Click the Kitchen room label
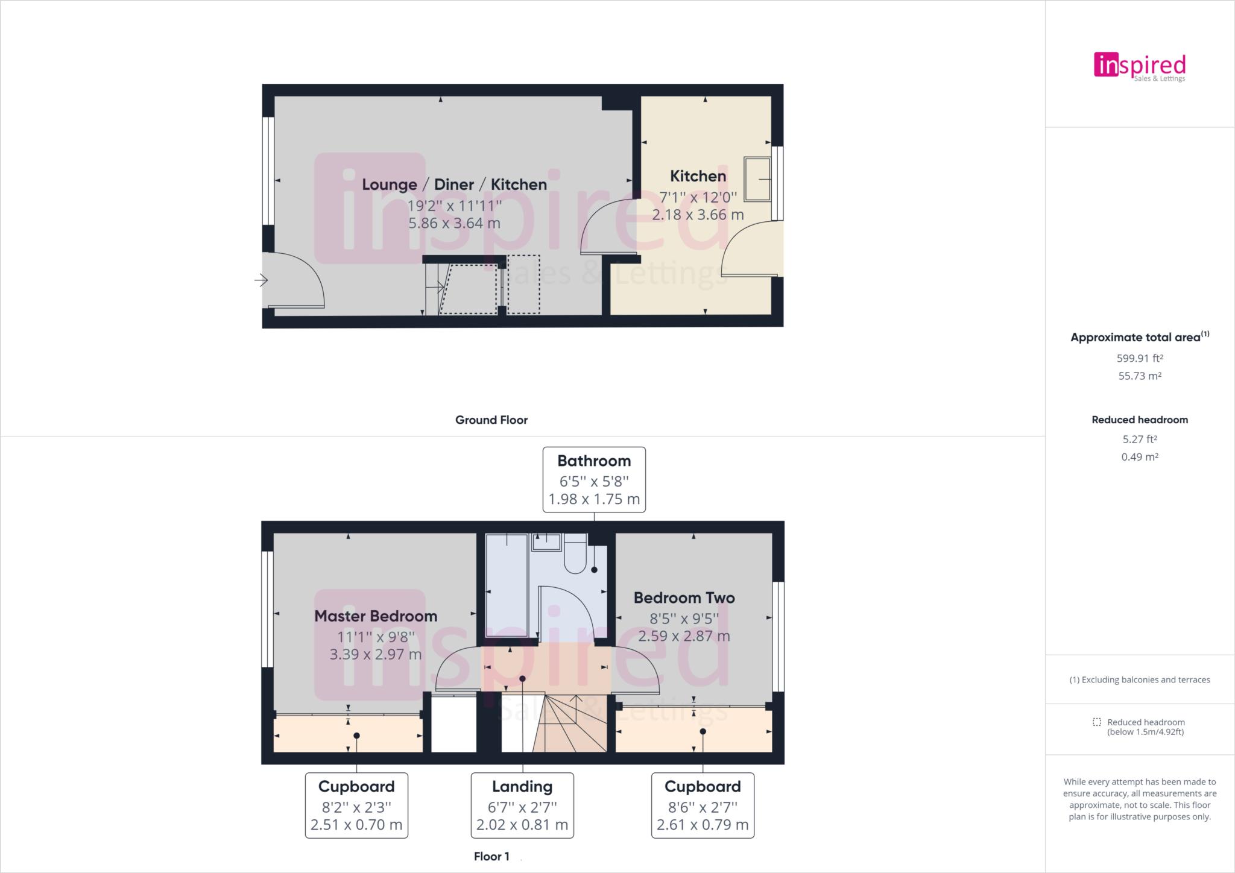coord(698,176)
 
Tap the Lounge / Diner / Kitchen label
coord(454,184)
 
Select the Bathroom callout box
coord(594,480)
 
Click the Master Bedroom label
coord(376,616)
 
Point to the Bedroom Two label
coord(684,598)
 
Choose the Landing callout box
coord(522,805)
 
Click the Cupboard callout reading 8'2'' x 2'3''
coord(356,805)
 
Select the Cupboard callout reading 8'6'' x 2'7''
coord(703,805)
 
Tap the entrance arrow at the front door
coord(261,280)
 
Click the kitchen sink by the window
coord(757,179)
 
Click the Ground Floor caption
coord(491,420)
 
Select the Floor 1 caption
coord(491,856)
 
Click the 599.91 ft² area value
coord(1139,358)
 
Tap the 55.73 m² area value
coord(1139,376)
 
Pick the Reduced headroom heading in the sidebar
coord(1139,420)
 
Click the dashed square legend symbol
coord(1096,722)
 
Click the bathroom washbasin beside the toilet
coord(546,541)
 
